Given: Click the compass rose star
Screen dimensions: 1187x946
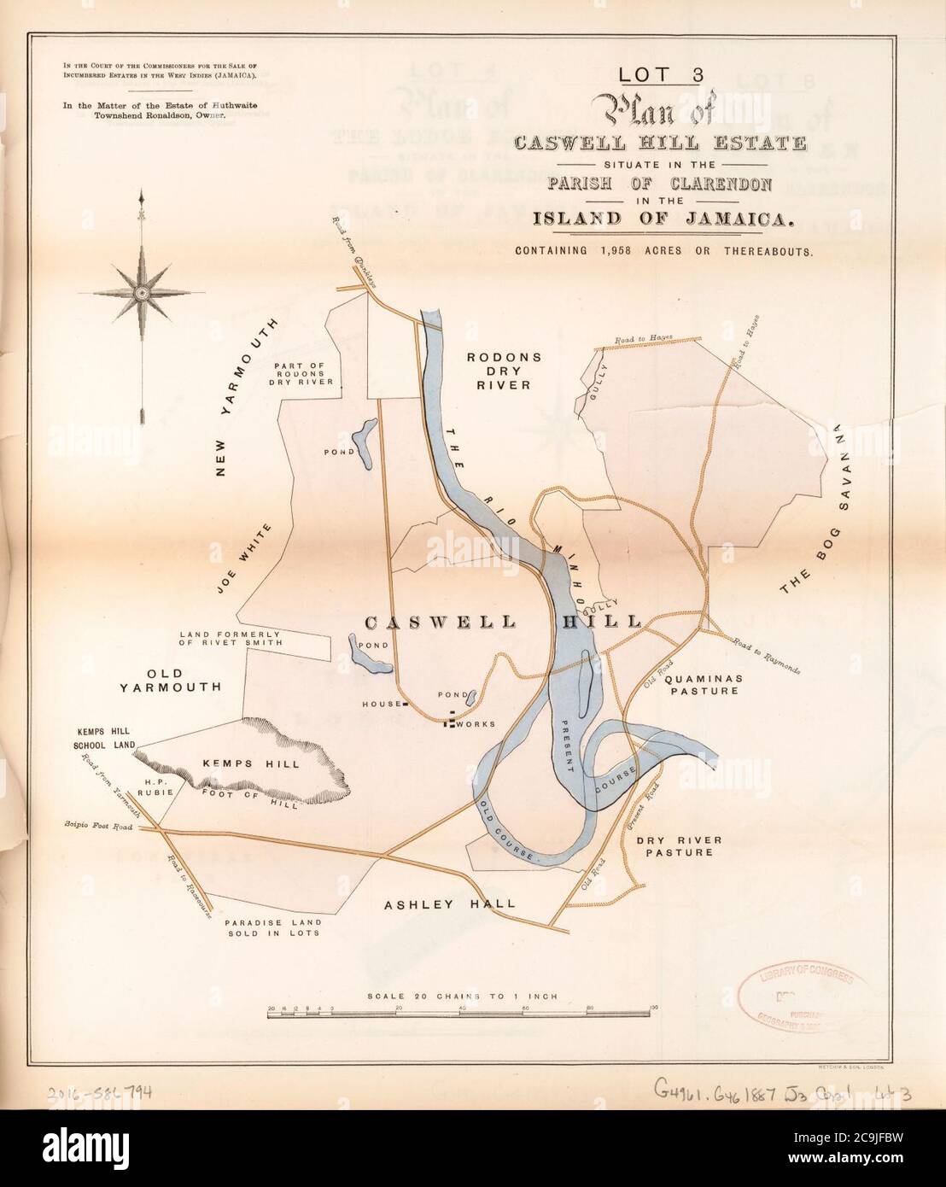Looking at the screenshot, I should coord(142,292).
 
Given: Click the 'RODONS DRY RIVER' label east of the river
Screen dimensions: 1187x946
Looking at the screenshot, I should coord(499,371).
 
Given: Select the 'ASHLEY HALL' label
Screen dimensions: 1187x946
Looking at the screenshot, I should coord(449,903).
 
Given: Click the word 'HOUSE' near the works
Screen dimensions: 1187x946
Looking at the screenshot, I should coord(380,705).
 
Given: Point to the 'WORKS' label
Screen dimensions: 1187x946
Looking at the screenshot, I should coord(476,724).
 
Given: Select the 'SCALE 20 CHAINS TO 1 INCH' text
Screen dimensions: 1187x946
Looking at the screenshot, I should coord(462,996).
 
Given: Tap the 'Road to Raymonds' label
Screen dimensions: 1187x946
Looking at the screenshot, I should coord(765,655).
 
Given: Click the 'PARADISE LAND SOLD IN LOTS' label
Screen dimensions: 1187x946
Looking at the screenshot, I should coord(272,928).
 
